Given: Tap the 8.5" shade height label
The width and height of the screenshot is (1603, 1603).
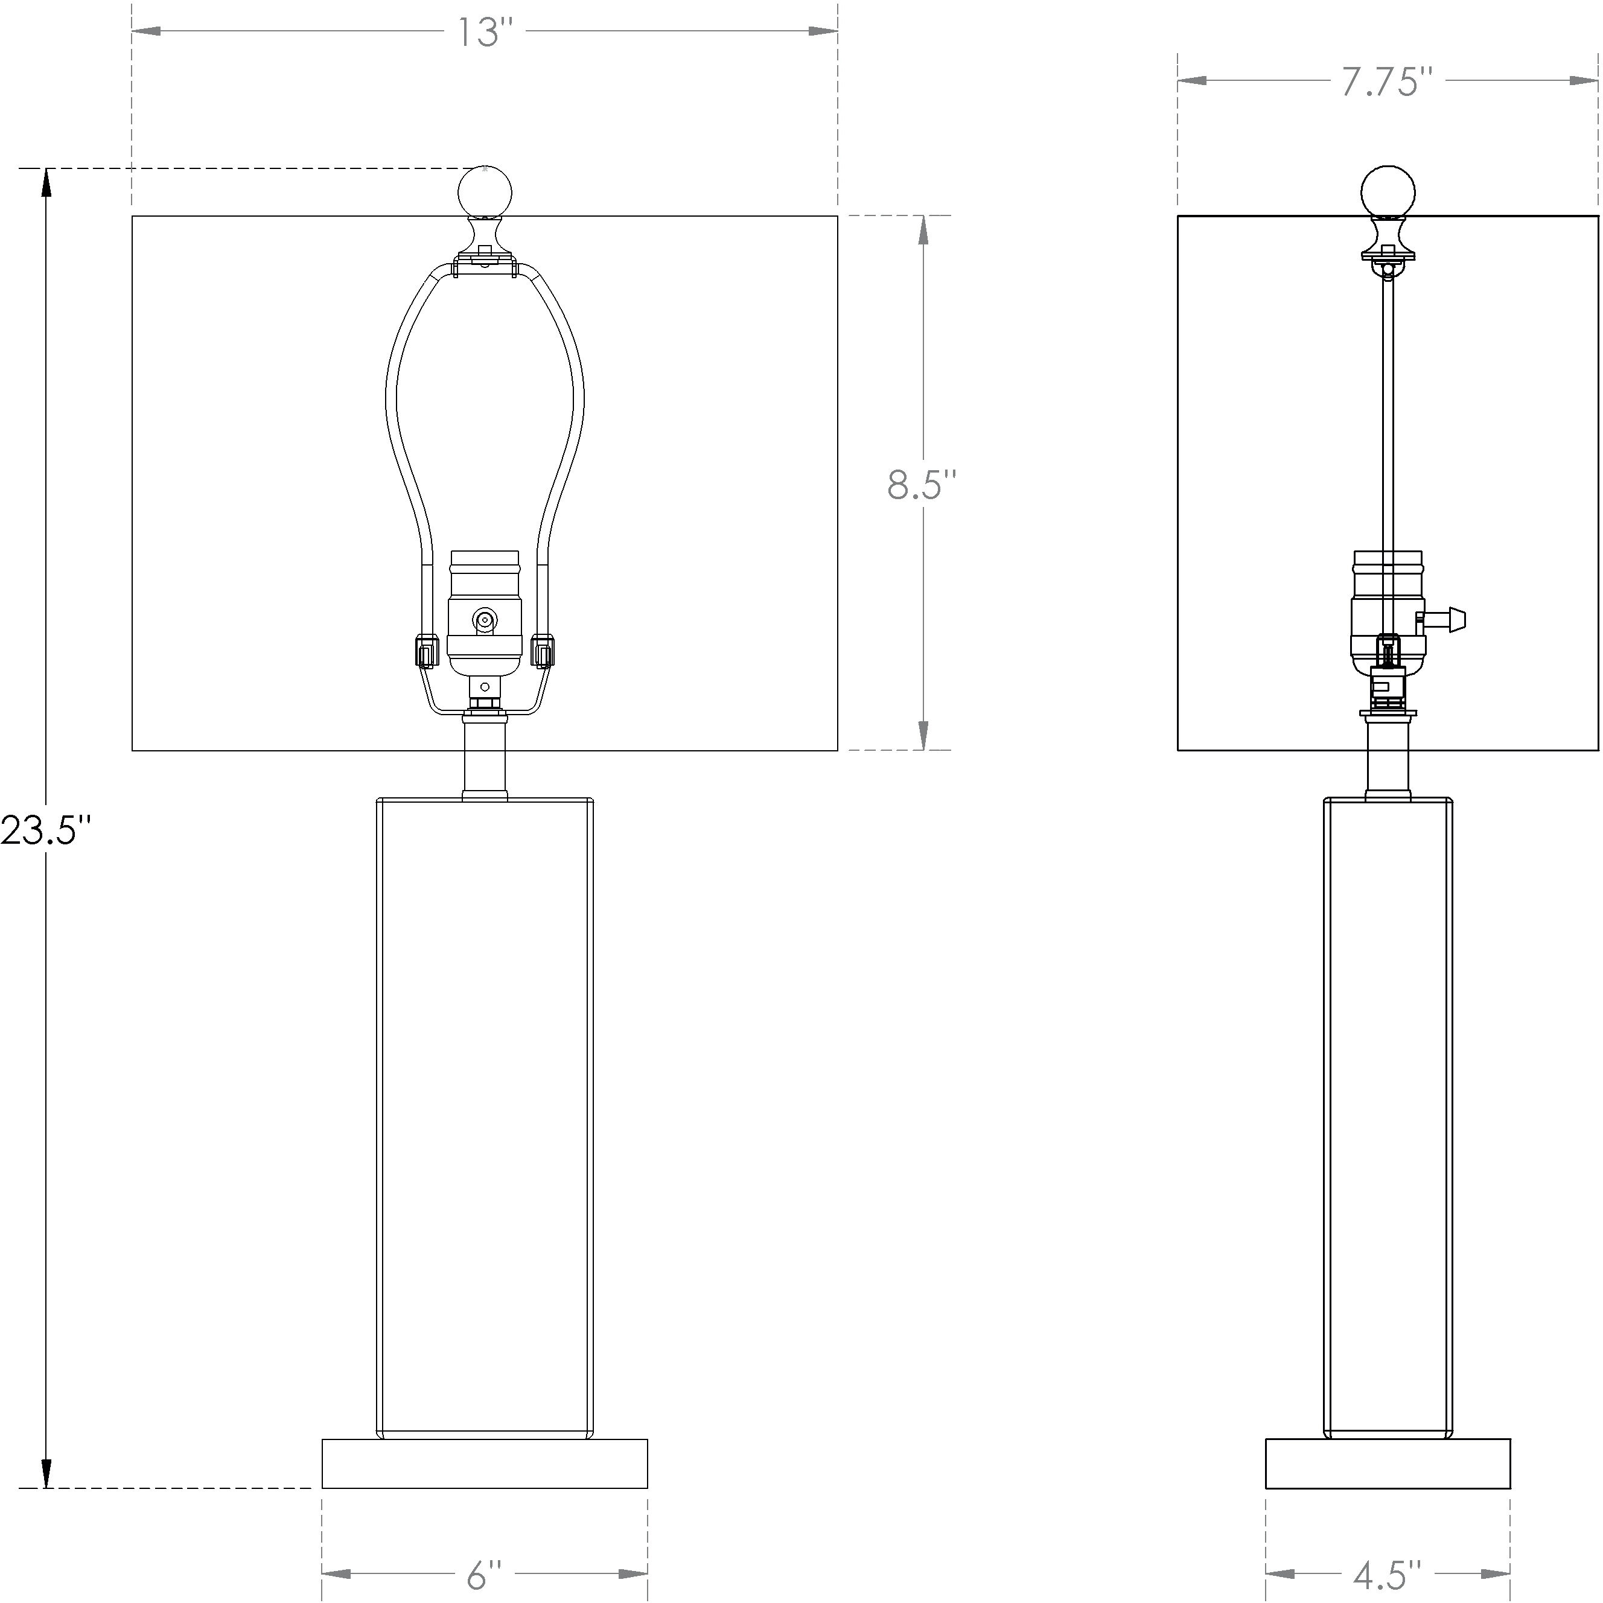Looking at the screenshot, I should [x=922, y=485].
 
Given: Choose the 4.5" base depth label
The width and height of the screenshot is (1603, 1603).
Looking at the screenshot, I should [x=1388, y=1574].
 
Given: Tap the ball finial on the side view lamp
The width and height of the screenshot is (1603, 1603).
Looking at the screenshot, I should [x=1388, y=193].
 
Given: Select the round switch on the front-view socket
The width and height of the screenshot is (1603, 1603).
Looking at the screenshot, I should [x=483, y=619].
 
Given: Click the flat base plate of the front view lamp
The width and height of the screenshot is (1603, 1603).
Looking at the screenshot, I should [x=485, y=1463].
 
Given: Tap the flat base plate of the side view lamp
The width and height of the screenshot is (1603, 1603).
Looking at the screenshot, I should [x=1388, y=1463].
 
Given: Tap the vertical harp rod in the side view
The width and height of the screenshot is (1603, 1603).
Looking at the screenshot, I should [x=1388, y=415].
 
